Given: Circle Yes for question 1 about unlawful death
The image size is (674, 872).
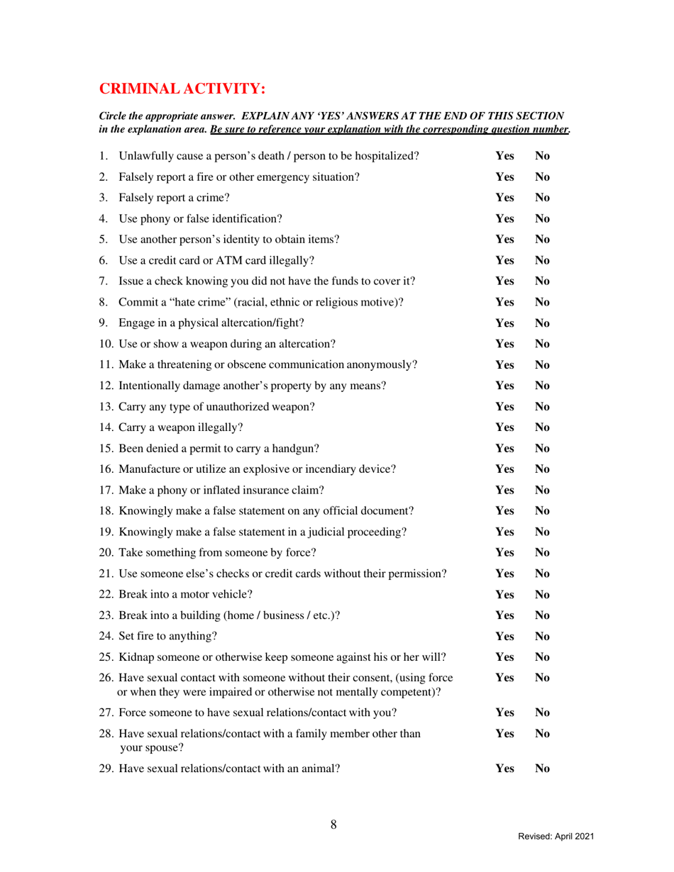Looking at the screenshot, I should coord(504,156).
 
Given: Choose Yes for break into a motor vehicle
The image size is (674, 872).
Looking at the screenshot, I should coord(504,593).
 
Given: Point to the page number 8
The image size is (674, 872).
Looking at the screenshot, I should coord(333,824).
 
